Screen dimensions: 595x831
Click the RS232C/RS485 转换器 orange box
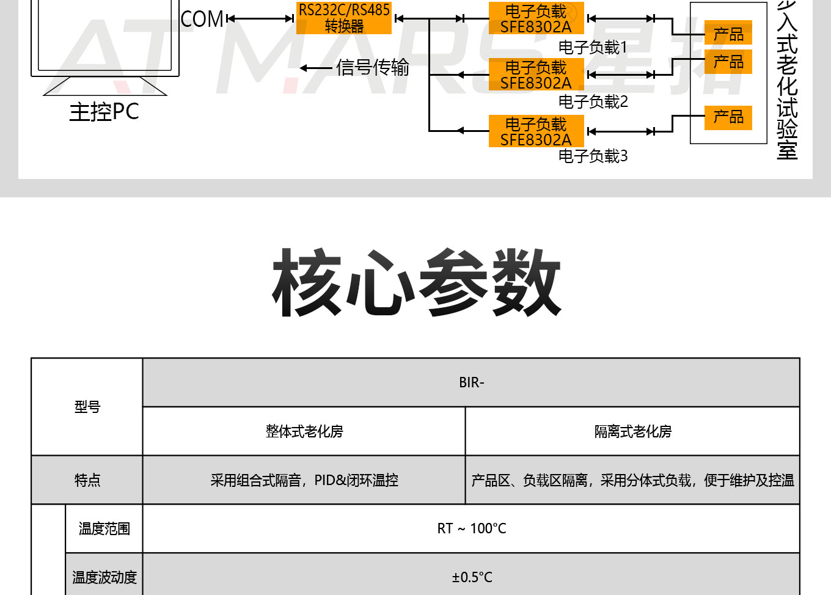pyautogui.click(x=344, y=18)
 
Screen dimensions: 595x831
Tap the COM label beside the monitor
pyautogui.click(x=202, y=19)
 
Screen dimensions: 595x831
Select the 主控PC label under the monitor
pyautogui.click(x=104, y=112)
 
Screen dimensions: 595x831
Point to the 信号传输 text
pyautogui.click(x=372, y=67)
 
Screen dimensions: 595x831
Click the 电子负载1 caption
pyautogui.click(x=593, y=47)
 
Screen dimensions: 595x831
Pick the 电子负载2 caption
pyautogui.click(x=593, y=101)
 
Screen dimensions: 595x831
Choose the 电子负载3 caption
pyautogui.click(x=593, y=156)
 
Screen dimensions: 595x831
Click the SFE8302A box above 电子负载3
pyautogui.click(x=536, y=131)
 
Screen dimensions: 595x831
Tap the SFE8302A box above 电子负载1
pyautogui.click(x=536, y=19)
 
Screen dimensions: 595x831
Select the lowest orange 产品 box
pyautogui.click(x=728, y=117)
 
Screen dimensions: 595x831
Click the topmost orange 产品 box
pyautogui.click(x=728, y=34)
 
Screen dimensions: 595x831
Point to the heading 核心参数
pyautogui.click(x=416, y=282)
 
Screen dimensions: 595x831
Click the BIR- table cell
pyautogui.click(x=471, y=382)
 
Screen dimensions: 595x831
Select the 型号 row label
pyautogui.click(x=87, y=407)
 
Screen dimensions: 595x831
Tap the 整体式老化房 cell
pyautogui.click(x=304, y=431)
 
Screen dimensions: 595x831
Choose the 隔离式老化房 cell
pyautogui.click(x=632, y=431)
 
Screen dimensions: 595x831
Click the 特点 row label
pyautogui.click(x=87, y=480)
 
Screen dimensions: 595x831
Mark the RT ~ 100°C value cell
pyautogui.click(x=471, y=528)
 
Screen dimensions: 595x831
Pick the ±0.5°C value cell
pyautogui.click(x=471, y=577)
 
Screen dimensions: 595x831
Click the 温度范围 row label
pyautogui.click(x=104, y=528)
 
